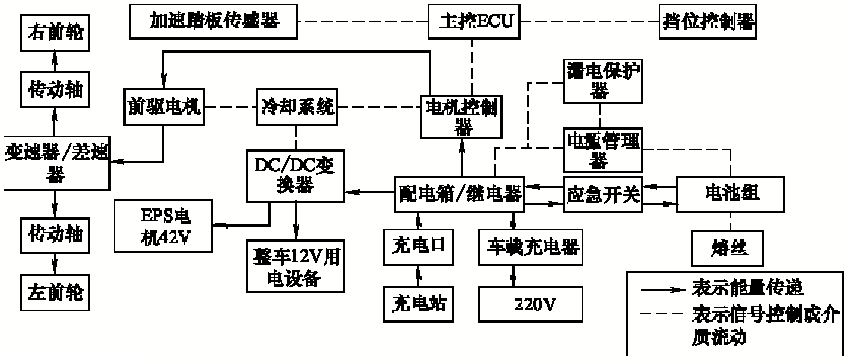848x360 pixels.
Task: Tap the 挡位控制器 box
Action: pyautogui.click(x=707, y=22)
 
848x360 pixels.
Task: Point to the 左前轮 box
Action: pyautogui.click(x=55, y=292)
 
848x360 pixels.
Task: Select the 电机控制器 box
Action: pyautogui.click(x=461, y=115)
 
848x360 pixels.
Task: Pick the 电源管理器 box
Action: pyautogui.click(x=601, y=148)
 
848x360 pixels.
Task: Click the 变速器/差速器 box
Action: pyautogui.click(x=56, y=161)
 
